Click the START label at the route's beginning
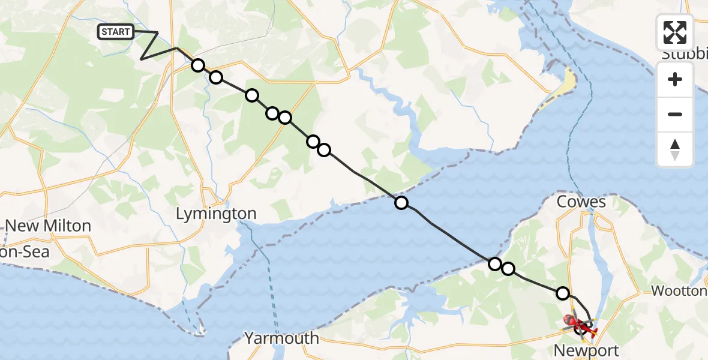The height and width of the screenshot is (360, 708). click(116, 32)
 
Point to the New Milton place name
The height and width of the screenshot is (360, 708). click(48, 226)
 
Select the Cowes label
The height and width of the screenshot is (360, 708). click(581, 202)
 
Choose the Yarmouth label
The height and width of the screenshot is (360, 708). click(282, 338)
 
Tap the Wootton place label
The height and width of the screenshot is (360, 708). click(679, 291)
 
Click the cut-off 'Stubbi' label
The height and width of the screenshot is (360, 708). click(684, 55)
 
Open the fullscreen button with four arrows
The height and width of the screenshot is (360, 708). click(675, 32)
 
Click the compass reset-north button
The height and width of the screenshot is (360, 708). click(675, 149)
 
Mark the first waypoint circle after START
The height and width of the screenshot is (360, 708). click(198, 65)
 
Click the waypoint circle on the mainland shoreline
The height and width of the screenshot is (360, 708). click(401, 203)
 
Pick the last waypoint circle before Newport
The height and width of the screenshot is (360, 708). click(563, 293)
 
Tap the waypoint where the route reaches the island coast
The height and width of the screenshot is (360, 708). click(495, 263)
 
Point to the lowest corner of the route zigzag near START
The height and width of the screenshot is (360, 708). click(141, 59)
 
